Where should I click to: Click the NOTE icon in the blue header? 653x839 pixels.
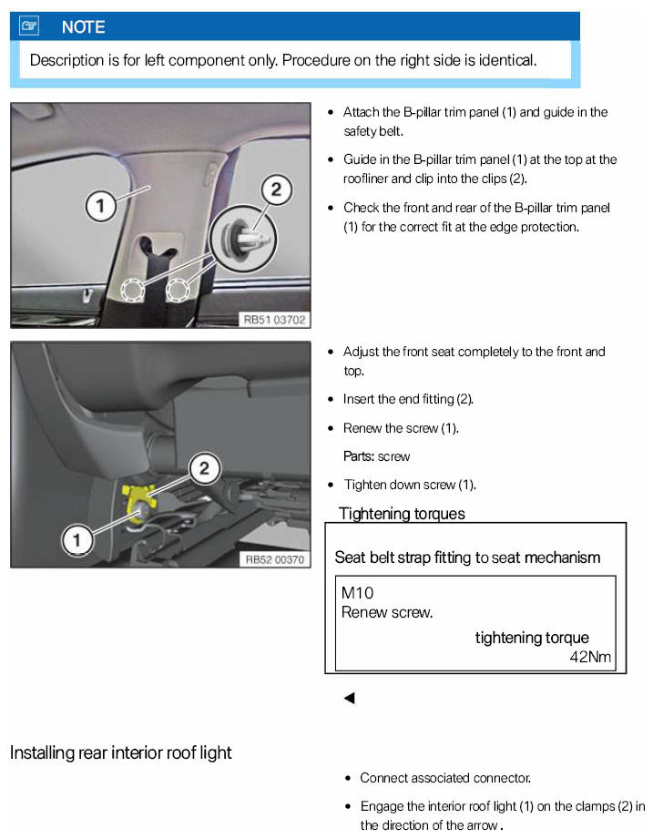(x=28, y=26)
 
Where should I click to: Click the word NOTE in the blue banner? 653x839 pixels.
(x=83, y=27)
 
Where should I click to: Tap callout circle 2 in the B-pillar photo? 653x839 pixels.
(x=276, y=189)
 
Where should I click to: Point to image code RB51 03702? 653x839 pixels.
(x=274, y=319)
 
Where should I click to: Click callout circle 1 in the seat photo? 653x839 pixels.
(x=77, y=540)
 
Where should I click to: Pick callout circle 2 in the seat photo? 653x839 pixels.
(x=205, y=468)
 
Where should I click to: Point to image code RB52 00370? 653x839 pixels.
(x=274, y=558)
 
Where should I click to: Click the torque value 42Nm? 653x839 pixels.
(x=590, y=657)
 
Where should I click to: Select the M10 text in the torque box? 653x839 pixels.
(x=357, y=593)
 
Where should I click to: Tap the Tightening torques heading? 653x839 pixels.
(x=402, y=514)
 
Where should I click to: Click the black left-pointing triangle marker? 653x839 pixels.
(x=348, y=699)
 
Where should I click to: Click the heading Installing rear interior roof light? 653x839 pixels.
(x=120, y=752)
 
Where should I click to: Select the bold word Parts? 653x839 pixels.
(x=359, y=456)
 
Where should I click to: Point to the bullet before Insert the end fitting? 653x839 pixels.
(x=330, y=399)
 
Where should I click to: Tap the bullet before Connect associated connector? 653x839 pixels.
(x=349, y=778)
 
